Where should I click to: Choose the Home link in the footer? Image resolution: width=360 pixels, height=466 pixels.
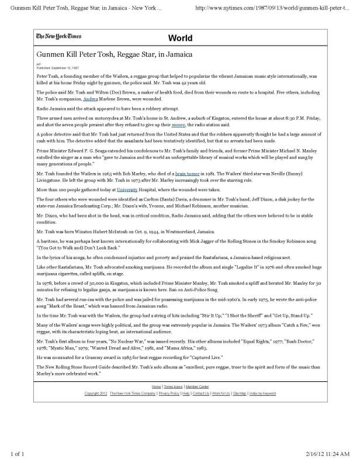[157, 387]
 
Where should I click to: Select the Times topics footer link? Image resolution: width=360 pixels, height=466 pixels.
[173, 387]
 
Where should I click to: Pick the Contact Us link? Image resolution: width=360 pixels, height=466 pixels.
[201, 393]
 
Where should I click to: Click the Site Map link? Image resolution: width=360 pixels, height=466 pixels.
[240, 393]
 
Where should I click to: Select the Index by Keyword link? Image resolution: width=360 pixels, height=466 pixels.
[262, 393]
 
